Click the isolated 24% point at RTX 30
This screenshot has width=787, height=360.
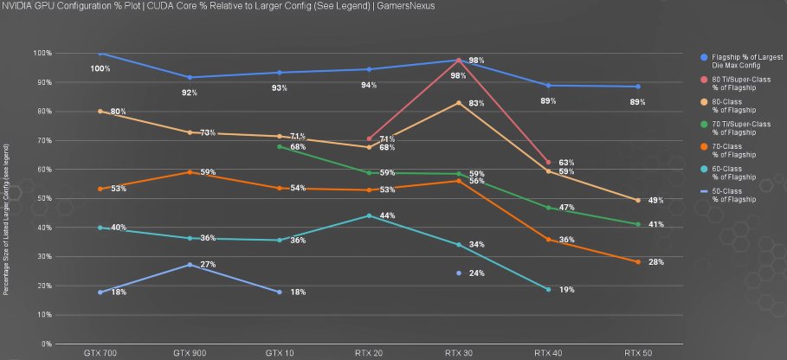click(459, 273)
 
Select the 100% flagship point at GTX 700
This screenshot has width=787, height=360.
click(100, 53)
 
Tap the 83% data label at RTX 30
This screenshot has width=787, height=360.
click(476, 104)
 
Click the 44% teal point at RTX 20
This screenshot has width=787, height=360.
click(370, 215)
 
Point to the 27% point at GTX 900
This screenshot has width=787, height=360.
click(190, 265)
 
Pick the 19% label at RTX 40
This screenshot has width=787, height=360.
click(567, 290)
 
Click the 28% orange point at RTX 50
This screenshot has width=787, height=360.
click(638, 262)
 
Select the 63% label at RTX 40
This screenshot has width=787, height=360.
click(567, 163)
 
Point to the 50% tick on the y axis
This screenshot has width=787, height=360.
click(44, 198)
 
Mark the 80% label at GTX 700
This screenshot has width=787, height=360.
click(119, 112)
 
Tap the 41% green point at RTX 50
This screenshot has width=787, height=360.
click(638, 225)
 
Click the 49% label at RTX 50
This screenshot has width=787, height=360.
click(656, 201)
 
